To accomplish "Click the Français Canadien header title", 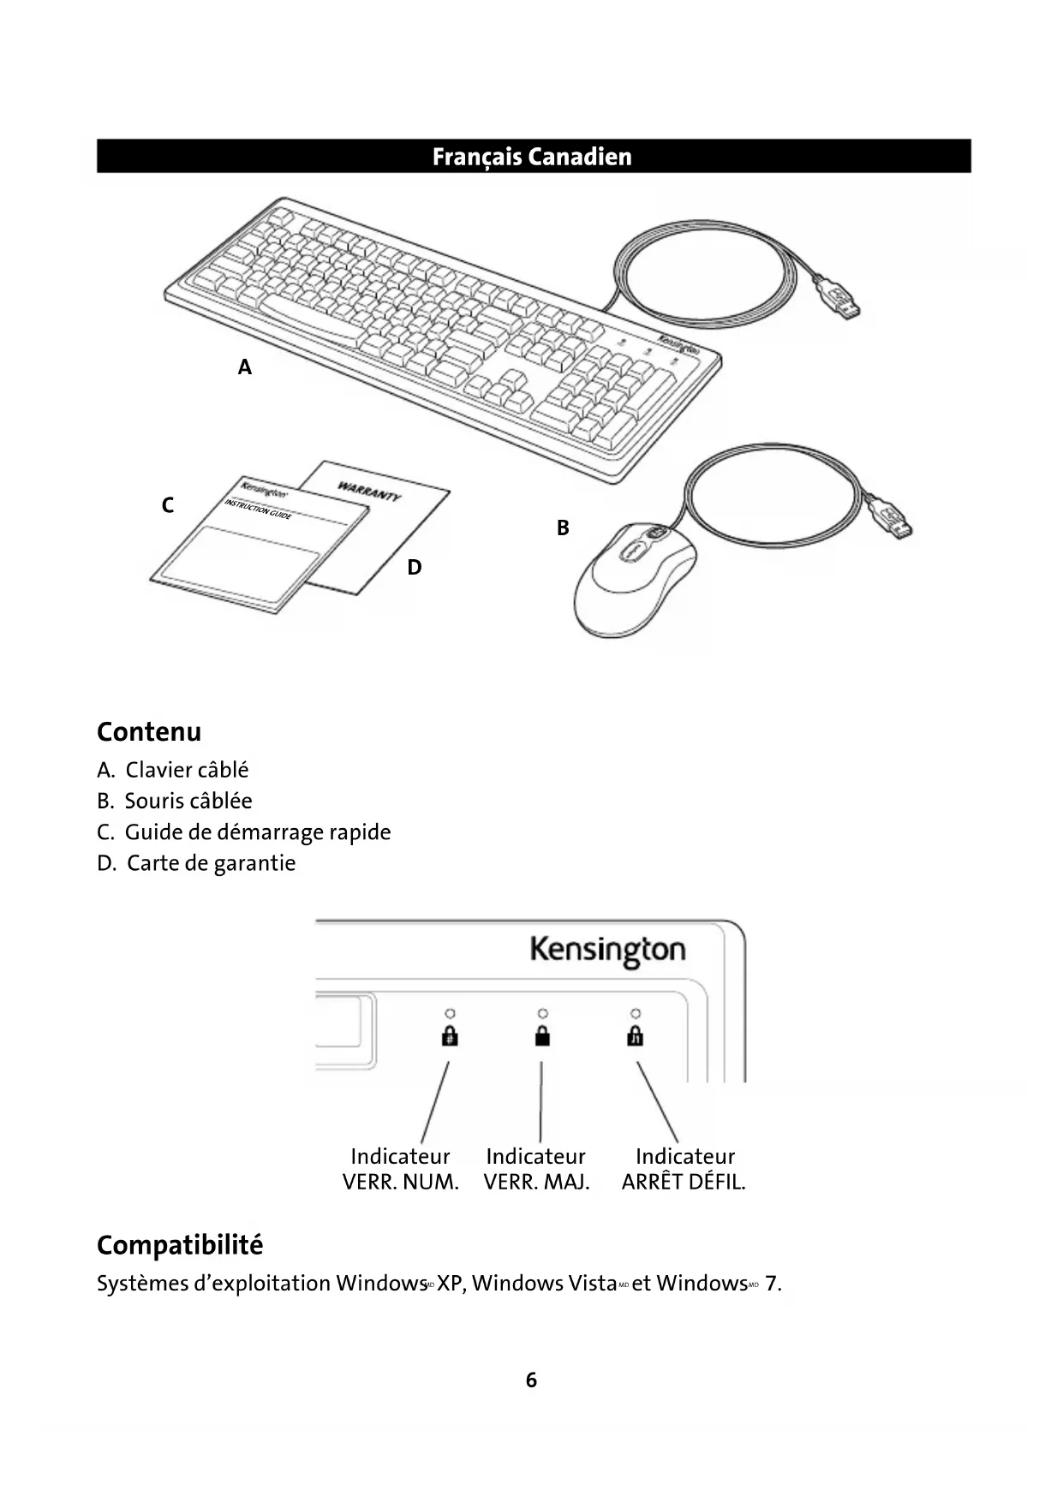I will [531, 157].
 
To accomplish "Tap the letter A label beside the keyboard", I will [245, 367].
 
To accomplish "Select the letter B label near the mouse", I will [563, 528].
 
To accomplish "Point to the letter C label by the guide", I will [168, 505].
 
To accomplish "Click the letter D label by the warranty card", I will [415, 567].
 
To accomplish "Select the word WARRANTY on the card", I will [368, 492].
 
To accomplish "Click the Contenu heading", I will [149, 732].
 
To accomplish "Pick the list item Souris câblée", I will [188, 801].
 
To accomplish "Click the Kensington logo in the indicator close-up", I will [607, 950].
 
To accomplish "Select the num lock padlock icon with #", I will [449, 1036].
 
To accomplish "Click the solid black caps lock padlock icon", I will [541, 1036].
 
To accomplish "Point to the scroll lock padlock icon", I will [635, 1036].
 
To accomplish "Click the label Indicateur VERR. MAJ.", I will [536, 1169].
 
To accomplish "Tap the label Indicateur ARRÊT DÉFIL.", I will [684, 1169].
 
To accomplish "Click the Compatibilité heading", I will [180, 1245].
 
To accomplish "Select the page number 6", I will [531, 1380].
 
